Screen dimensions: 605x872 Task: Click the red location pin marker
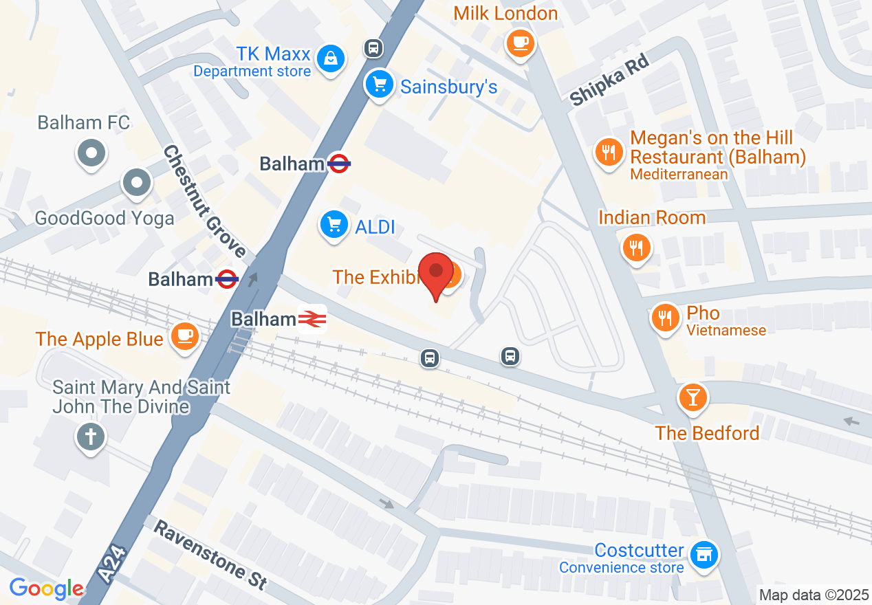click(x=436, y=274)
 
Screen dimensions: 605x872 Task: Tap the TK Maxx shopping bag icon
click(x=331, y=58)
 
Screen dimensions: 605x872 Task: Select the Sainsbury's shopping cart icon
click(x=379, y=85)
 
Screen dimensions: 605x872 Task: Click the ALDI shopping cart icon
click(x=334, y=224)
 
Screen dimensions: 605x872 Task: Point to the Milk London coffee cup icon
click(x=520, y=43)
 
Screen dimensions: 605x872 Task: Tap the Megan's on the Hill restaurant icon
click(x=609, y=151)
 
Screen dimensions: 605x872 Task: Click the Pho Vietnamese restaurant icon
click(x=664, y=318)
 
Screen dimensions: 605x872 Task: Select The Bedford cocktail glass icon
click(x=693, y=397)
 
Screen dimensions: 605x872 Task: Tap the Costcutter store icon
click(x=704, y=553)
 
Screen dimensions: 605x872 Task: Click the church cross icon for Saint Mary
click(x=91, y=437)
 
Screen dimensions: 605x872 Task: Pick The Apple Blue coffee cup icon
click(x=184, y=335)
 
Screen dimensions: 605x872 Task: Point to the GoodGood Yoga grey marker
click(x=136, y=183)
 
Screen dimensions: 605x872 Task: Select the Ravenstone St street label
click(x=210, y=554)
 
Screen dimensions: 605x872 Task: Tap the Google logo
click(x=47, y=588)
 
